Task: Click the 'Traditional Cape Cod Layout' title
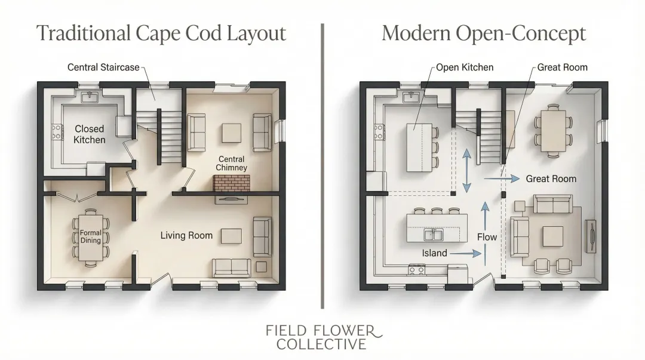click(161, 33)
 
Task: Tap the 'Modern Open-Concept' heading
click(483, 33)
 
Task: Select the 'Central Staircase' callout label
click(103, 67)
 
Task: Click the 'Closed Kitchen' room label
click(90, 134)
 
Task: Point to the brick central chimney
click(231, 183)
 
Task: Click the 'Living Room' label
click(186, 236)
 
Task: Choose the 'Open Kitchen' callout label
click(465, 67)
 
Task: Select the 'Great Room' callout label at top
click(562, 67)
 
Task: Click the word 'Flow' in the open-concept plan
click(487, 237)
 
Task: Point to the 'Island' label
click(434, 253)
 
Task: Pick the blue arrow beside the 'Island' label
click(465, 253)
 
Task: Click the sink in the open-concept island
click(434, 234)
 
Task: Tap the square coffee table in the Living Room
click(231, 236)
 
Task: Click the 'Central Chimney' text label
click(232, 164)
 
